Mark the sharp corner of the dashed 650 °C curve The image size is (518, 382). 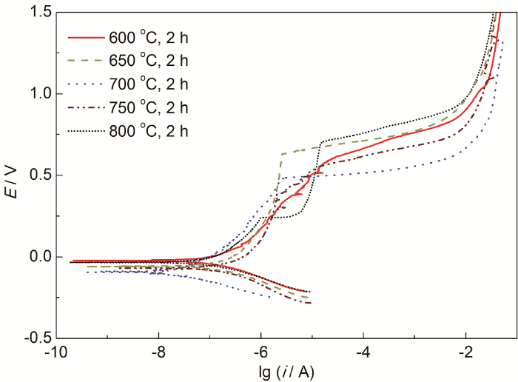pos(282,154)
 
